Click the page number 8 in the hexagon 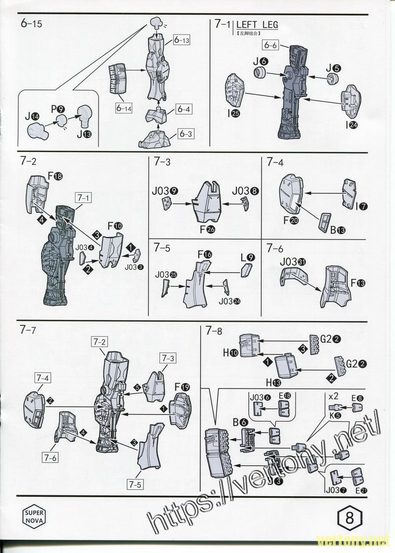[350, 519]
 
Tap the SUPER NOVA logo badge [34, 516]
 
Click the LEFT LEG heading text [257, 25]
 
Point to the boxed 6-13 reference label [182, 40]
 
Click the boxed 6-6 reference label [271, 45]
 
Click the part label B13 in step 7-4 [338, 229]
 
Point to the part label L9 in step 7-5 [247, 257]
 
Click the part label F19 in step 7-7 [181, 387]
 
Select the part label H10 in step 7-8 [231, 353]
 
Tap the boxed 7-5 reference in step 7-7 [135, 484]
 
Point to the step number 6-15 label [32, 24]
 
